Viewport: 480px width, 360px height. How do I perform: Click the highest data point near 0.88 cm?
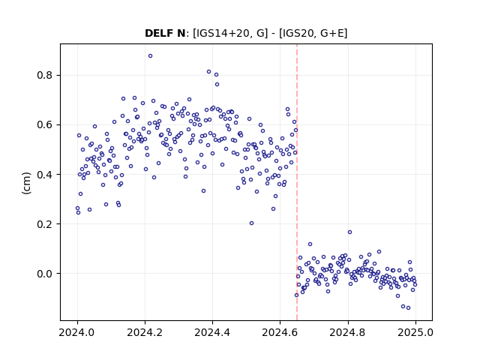pos(150,56)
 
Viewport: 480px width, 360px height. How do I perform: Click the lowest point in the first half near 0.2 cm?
pos(252,223)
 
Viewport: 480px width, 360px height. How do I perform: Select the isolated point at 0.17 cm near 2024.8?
pos(349,232)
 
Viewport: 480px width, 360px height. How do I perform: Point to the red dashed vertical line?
pos(297,182)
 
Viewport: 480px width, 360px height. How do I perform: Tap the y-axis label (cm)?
pos(26,183)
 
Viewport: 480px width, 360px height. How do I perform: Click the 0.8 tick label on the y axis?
pos(45,75)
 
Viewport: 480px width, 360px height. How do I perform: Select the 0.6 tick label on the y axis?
pos(45,125)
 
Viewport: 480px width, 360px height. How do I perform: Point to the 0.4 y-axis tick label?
pos(45,175)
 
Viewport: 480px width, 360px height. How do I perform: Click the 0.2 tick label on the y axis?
pos(45,224)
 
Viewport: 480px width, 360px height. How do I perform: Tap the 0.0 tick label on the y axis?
pos(45,274)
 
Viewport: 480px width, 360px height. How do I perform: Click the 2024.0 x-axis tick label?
pos(77,332)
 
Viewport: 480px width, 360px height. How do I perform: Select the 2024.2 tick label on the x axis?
pos(145,332)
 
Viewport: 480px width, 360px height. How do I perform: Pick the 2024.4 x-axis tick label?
pos(212,332)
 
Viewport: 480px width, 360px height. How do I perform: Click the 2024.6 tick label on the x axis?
pos(280,332)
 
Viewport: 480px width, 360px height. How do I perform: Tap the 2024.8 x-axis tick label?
pos(347,332)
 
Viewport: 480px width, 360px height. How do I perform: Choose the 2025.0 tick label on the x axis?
pos(415,332)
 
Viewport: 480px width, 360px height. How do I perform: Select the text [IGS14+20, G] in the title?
pos(230,33)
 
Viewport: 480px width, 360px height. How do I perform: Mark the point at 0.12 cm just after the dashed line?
pos(310,244)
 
